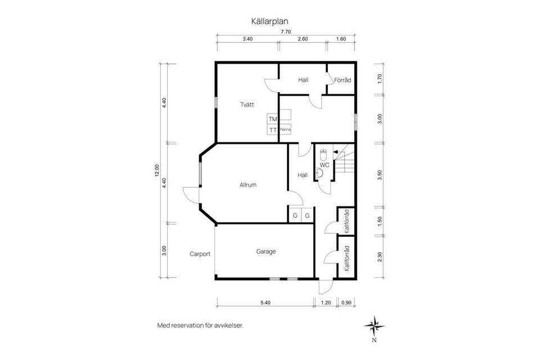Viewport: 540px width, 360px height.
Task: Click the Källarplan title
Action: coord(270,21)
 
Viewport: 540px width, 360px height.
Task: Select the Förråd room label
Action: coord(343,80)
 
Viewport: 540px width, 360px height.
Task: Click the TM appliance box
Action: coord(273,119)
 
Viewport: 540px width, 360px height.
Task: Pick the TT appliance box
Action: coord(273,130)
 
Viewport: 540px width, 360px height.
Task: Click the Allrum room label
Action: coord(248,184)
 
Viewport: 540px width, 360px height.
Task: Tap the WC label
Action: coord(325,165)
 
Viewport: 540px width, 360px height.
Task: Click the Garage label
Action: coord(266,251)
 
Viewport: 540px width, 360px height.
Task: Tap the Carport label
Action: coord(200,254)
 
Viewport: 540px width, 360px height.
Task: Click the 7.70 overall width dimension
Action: coord(286,32)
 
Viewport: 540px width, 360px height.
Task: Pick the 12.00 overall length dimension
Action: coord(157,170)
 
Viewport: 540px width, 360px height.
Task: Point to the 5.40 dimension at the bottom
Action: coord(265,303)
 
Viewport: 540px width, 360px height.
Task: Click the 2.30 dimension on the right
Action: coord(380,256)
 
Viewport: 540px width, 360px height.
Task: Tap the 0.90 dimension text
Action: coord(346,303)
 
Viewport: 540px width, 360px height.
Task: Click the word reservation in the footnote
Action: coord(192,325)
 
